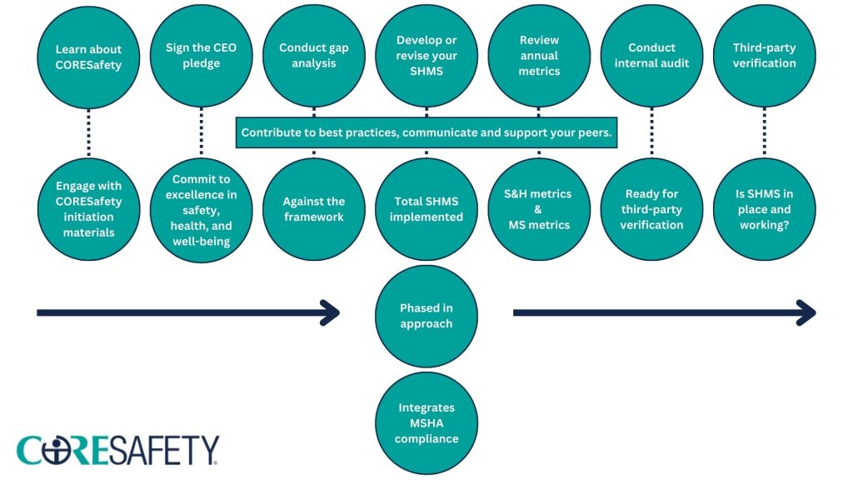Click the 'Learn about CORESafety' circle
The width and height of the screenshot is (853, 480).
[x=88, y=56]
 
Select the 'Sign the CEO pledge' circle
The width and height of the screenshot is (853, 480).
[x=201, y=56]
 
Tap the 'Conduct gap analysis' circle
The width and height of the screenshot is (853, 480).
[x=313, y=56]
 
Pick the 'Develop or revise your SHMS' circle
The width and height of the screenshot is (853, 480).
[x=426, y=56]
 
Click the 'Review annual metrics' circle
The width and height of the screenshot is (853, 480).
[x=539, y=56]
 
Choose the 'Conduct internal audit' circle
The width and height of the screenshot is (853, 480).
[x=651, y=56]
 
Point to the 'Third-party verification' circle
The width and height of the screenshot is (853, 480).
[x=764, y=56]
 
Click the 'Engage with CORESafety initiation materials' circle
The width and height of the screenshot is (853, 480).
[x=88, y=209]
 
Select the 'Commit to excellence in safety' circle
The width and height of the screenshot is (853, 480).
[x=201, y=209]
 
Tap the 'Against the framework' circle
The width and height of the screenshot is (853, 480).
[x=313, y=209]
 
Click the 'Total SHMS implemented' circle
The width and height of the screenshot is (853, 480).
[x=426, y=209]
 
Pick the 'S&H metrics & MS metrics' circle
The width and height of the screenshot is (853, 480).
[x=539, y=209]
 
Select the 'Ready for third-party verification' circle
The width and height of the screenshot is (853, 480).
[x=651, y=209]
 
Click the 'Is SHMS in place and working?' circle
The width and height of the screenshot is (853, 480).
[x=764, y=209]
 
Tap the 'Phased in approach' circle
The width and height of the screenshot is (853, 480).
[x=426, y=316]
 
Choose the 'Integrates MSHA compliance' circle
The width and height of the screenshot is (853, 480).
[x=426, y=422]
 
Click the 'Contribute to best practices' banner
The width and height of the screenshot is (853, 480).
[x=426, y=132]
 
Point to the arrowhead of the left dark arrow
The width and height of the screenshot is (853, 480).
[x=331, y=313]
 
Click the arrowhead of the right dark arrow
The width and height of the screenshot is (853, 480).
[x=806, y=313]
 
